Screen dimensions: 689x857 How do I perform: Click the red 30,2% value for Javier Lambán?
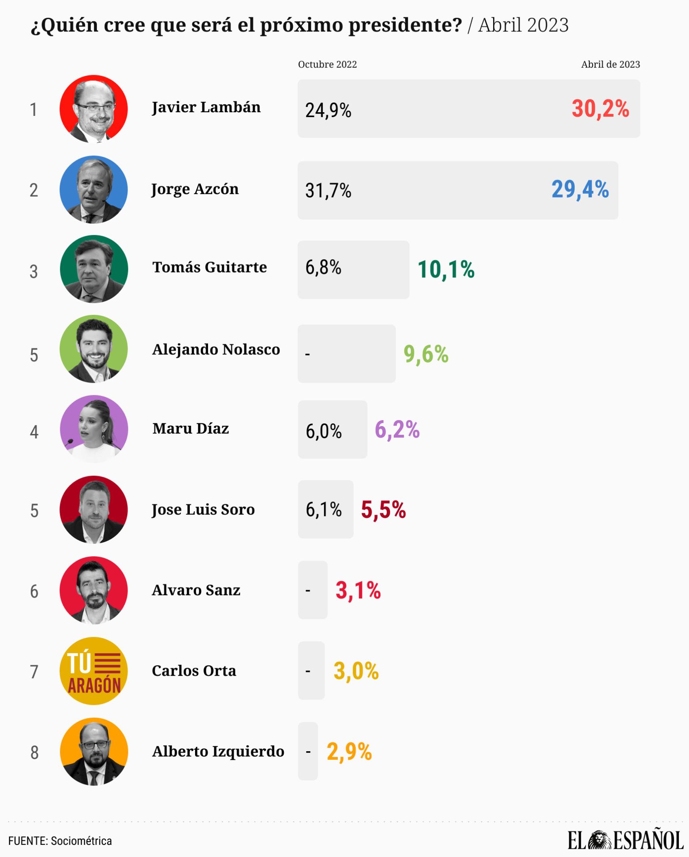[x=600, y=109]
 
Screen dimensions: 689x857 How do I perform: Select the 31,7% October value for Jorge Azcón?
[x=328, y=190]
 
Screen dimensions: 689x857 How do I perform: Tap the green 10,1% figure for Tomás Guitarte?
[x=446, y=270]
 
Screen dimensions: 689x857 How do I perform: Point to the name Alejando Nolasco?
[x=216, y=349]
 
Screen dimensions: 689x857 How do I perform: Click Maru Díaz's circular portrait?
[x=94, y=429]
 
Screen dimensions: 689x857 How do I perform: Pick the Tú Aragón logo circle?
[x=94, y=671]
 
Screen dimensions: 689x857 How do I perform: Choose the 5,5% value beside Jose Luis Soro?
[x=383, y=510]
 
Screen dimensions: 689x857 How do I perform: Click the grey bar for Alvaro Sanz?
[x=313, y=590]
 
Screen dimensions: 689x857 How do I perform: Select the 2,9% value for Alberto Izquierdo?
[x=349, y=752]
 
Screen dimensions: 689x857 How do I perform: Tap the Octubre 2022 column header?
[x=328, y=65]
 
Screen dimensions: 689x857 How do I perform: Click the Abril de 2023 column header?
[x=610, y=65]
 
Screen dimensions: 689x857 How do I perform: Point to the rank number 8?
[x=34, y=752]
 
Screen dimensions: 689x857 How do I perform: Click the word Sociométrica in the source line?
[x=82, y=841]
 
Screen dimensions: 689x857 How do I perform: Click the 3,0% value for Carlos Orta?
[x=356, y=671]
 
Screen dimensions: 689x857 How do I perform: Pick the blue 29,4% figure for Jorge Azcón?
[x=580, y=189]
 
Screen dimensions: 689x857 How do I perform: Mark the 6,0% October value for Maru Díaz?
[x=323, y=431]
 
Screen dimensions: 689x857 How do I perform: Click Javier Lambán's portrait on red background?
[x=94, y=109]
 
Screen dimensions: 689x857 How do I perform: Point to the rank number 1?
[x=34, y=110]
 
